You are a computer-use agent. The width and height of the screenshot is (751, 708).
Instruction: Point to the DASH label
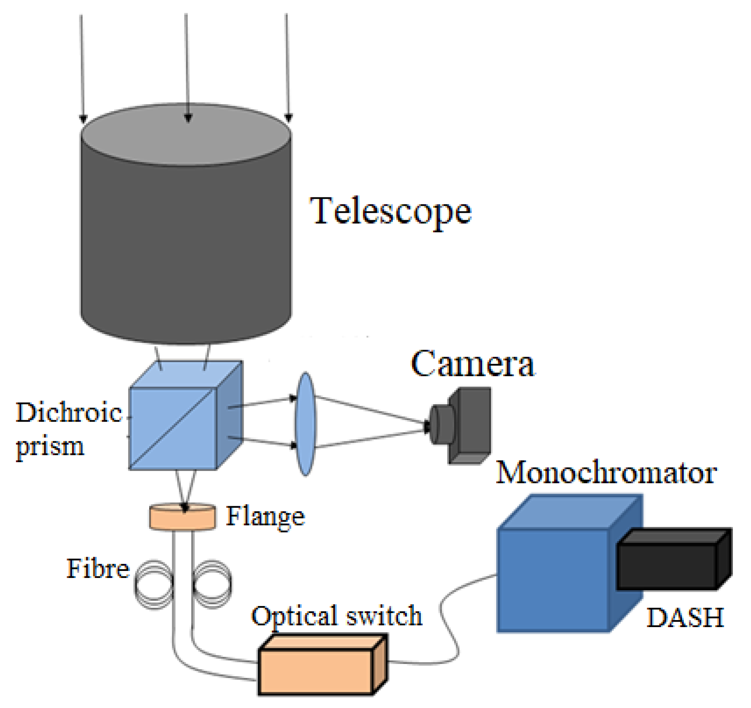pos(685,618)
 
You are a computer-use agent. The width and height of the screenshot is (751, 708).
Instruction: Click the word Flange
pos(265,516)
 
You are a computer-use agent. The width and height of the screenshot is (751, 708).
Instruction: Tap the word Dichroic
pos(69,412)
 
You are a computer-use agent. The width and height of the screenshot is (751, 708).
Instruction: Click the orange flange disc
pos(183,518)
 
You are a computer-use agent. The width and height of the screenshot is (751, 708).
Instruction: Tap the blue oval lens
pos(305,424)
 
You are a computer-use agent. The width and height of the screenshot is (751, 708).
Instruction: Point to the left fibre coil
pos(154,584)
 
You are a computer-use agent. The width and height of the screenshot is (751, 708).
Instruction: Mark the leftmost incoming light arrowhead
pos(83,119)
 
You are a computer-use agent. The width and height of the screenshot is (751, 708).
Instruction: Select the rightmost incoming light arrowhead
pos(289,118)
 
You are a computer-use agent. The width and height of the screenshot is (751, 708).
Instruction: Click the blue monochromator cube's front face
pos(553,580)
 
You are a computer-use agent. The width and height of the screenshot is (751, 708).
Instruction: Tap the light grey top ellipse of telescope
pos(186,134)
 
